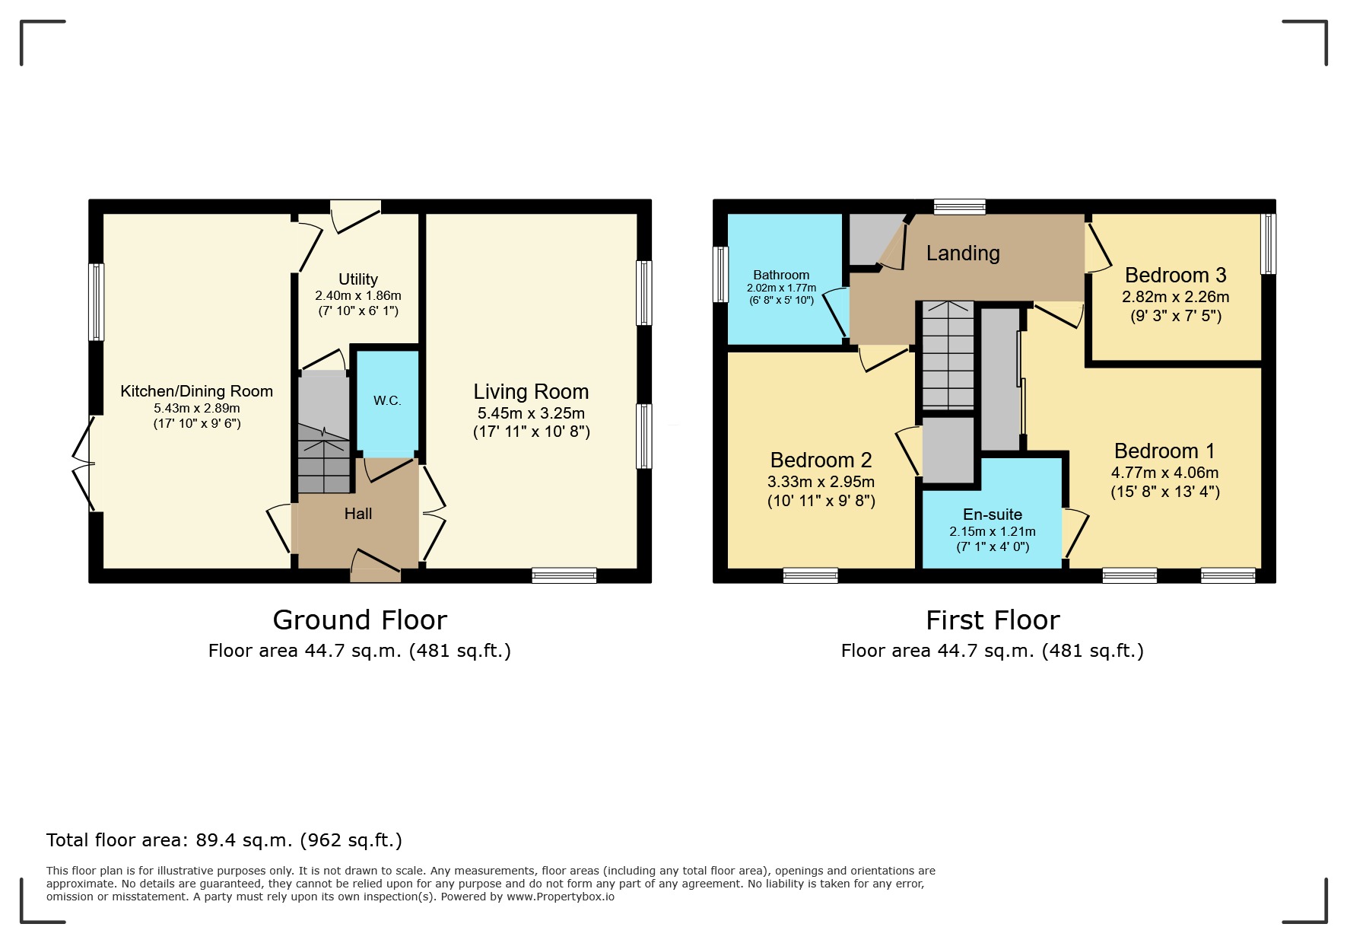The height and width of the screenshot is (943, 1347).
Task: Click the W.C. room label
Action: point(387,400)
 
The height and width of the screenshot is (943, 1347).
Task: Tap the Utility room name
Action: point(357,279)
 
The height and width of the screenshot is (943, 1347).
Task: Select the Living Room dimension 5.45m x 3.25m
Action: point(531,413)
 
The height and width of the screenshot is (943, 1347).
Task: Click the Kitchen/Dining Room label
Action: point(196,391)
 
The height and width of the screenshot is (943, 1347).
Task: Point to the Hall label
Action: point(357,514)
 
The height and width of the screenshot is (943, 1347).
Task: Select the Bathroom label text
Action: point(781,275)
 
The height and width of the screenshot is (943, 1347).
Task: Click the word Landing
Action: point(963,253)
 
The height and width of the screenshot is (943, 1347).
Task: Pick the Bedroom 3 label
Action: point(1175,275)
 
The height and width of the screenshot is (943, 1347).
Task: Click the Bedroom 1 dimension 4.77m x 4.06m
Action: point(1164,473)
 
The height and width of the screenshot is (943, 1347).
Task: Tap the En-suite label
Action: point(992,515)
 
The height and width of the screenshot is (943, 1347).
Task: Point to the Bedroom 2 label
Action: point(821,460)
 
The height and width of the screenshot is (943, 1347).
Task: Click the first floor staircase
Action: point(948,354)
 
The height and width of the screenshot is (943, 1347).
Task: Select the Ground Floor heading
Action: point(360,620)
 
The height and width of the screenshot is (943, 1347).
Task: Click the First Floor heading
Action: point(992,620)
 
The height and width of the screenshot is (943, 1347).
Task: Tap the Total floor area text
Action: point(224,840)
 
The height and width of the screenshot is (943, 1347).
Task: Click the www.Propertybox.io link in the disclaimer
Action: point(561,897)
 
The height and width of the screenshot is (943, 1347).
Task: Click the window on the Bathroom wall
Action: point(720,274)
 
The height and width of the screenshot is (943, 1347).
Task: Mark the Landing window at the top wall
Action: point(959,206)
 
